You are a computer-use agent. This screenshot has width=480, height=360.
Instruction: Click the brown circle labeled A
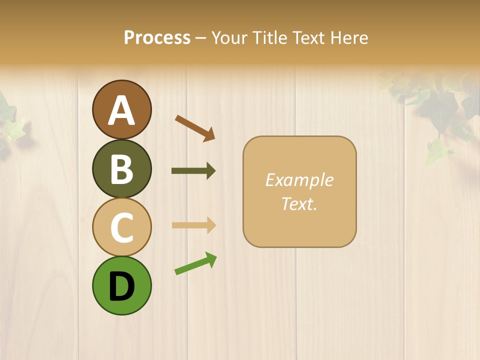click(x=121, y=109)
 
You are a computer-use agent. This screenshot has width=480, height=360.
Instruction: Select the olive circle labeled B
click(x=121, y=168)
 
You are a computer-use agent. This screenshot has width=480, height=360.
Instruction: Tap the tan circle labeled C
click(x=121, y=227)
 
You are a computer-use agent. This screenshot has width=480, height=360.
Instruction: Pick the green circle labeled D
click(x=121, y=285)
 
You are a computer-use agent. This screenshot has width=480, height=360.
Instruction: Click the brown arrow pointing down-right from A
click(x=195, y=128)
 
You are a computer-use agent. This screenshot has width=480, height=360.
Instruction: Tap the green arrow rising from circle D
click(x=195, y=263)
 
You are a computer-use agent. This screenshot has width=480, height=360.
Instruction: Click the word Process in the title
click(x=157, y=38)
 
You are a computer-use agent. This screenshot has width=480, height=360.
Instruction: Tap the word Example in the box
click(x=299, y=180)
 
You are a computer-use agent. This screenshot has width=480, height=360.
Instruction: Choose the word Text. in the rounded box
click(x=299, y=203)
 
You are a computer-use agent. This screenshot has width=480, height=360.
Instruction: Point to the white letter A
click(x=121, y=110)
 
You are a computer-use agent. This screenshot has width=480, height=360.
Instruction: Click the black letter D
click(x=121, y=286)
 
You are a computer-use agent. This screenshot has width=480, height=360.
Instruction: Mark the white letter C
click(x=121, y=227)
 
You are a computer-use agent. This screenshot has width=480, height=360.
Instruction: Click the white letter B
click(x=121, y=169)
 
